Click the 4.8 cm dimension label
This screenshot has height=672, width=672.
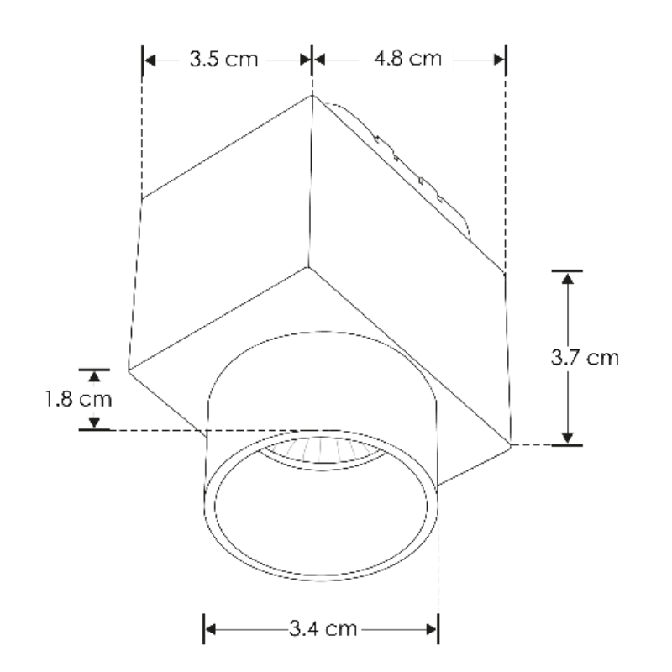click(407, 60)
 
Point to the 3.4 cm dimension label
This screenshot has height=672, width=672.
click(320, 627)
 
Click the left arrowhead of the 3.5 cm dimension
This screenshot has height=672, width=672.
click(150, 60)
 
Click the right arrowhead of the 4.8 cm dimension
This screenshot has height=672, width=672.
click(499, 60)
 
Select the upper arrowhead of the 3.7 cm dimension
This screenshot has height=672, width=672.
click(568, 279)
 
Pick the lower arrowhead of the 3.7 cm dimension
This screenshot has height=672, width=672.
click(568, 436)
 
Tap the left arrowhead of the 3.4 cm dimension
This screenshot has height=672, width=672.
click(212, 628)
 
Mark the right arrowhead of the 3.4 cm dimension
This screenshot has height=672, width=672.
click(430, 628)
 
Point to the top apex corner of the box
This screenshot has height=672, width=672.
click(312, 94)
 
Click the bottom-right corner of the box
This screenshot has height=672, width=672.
click(510, 443)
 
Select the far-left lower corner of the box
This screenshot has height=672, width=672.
click(128, 370)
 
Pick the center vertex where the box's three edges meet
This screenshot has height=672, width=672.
click(307, 269)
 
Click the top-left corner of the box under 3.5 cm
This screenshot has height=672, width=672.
click(142, 199)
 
